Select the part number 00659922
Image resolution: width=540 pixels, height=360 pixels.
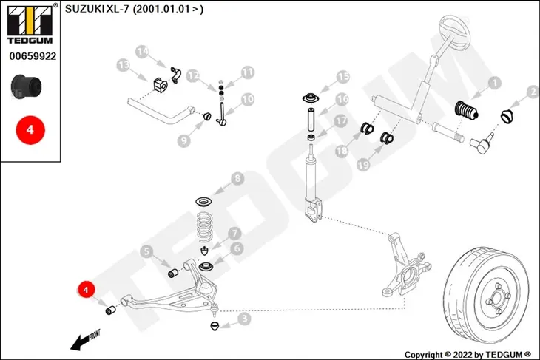pyautogui.click(x=33, y=56)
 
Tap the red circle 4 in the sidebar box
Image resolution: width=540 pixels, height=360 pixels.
pyautogui.click(x=30, y=130)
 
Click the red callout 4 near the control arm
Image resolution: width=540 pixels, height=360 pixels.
pyautogui.click(x=86, y=290)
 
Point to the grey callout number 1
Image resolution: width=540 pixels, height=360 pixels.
pyautogui.click(x=495, y=83)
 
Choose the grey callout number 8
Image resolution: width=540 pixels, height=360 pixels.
pyautogui.click(x=237, y=178)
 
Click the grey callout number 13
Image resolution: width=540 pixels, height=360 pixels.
pyautogui.click(x=124, y=64)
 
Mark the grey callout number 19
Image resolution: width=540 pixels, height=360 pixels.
pyautogui.click(x=363, y=165)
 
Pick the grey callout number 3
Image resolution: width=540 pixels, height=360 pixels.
pyautogui.click(x=245, y=319)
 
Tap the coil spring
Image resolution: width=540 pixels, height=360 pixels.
pyautogui.click(x=205, y=227)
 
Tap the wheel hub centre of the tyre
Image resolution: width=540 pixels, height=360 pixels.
pyautogui.click(x=496, y=298)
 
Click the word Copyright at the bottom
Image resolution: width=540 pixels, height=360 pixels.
pyautogui.click(x=423, y=355)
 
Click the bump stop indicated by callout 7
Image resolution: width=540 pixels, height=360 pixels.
pyautogui.click(x=205, y=250)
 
